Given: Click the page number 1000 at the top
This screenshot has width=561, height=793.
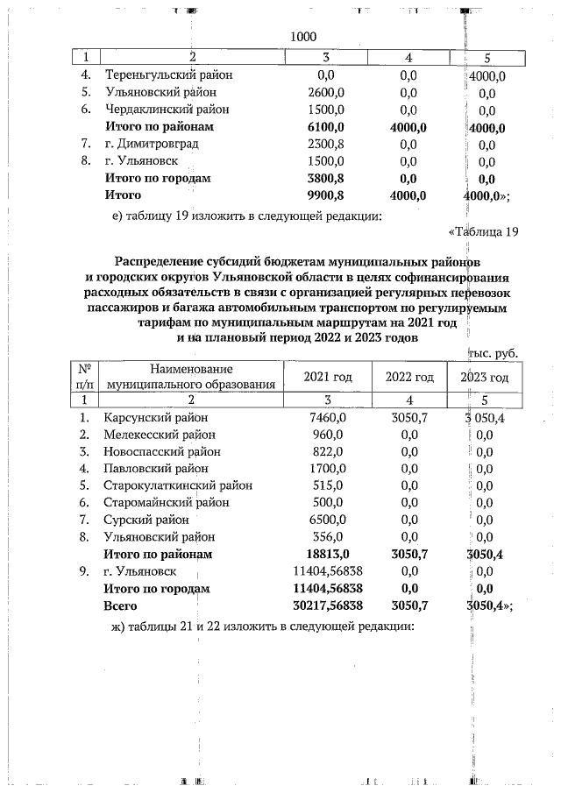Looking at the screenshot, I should point(302,37).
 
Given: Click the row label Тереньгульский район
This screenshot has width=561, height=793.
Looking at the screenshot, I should point(168,75).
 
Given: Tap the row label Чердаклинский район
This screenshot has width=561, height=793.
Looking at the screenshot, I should point(167,110).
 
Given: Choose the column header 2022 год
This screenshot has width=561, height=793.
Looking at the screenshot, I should point(409,377).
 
